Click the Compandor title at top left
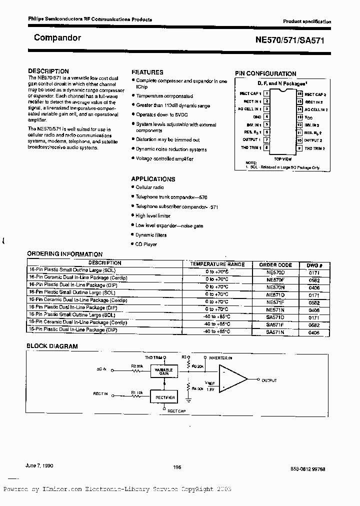coord(57,37)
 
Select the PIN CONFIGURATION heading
coord(265,73)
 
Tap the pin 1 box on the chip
coord(267,93)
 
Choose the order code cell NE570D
coord(275,271)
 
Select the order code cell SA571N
coord(275,331)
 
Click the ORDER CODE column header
coord(275,264)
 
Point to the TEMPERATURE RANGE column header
coord(217,264)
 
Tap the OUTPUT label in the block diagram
coord(268,380)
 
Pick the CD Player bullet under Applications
coord(146,244)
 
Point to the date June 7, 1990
coord(39,465)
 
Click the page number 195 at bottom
coord(176,466)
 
